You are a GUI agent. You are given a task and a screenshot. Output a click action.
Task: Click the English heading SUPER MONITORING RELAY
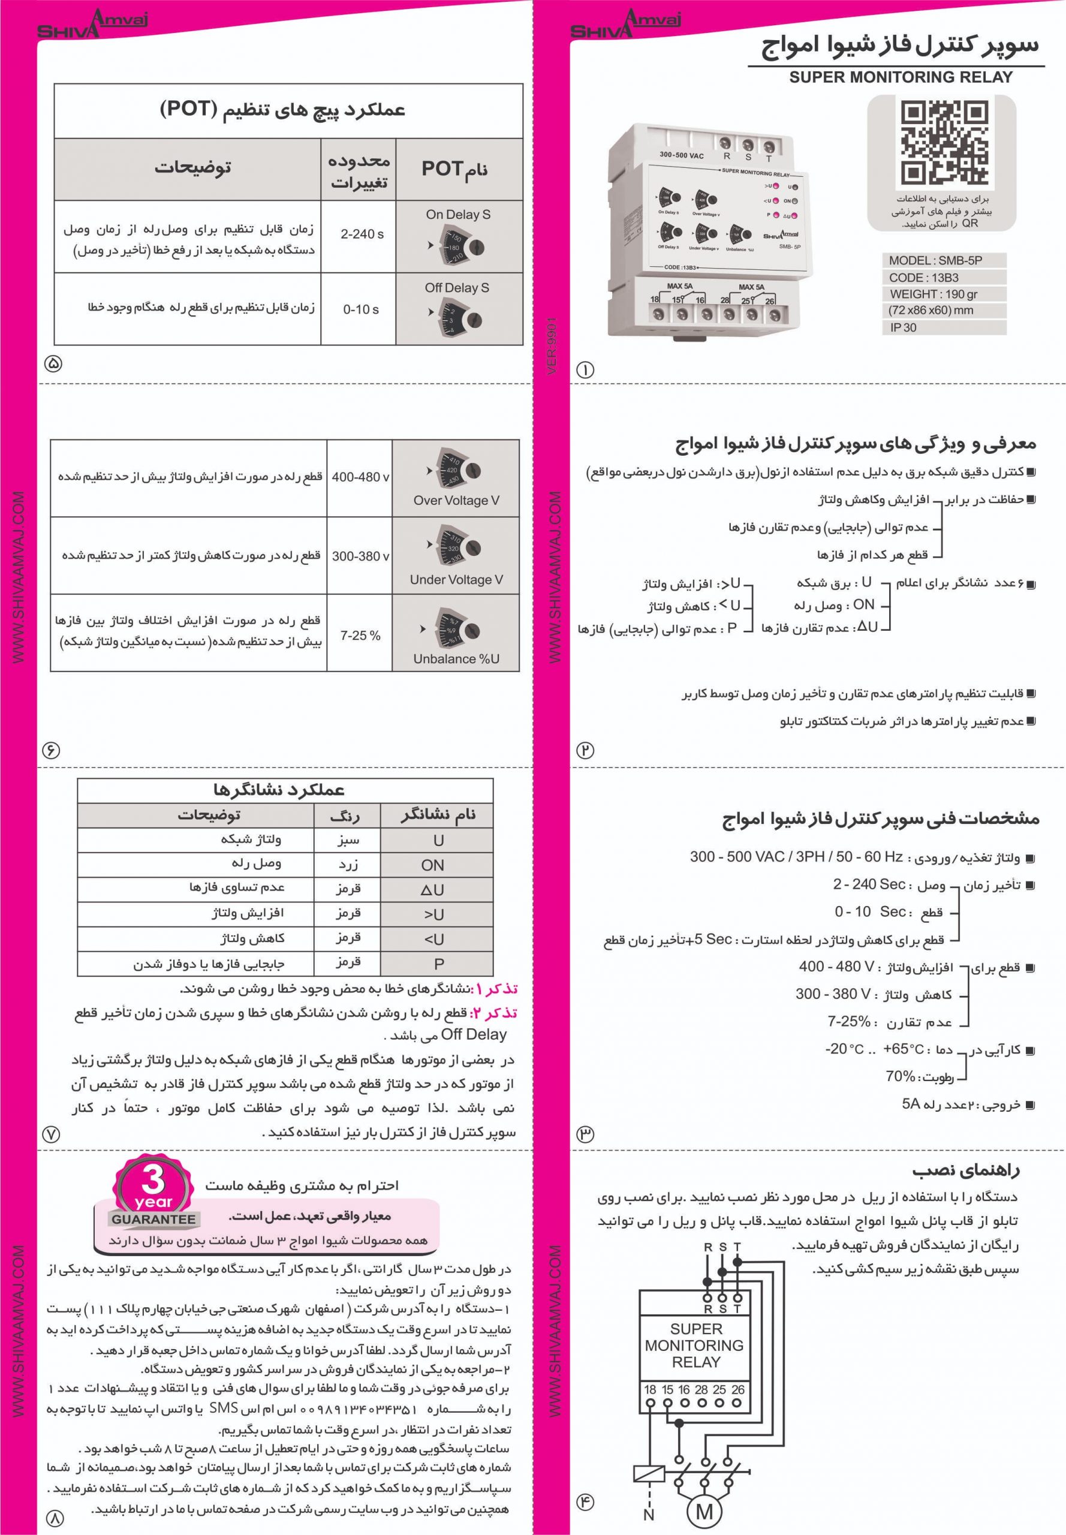(901, 77)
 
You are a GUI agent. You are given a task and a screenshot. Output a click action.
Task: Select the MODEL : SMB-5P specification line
(935, 260)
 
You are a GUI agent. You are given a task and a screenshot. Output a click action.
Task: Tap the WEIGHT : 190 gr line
(933, 294)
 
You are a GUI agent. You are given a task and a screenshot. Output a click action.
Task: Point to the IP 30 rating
(903, 327)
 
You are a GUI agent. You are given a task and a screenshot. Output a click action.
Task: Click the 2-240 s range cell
(362, 234)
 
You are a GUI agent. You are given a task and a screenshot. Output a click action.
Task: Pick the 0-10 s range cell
(361, 309)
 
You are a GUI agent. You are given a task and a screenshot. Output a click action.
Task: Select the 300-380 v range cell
(361, 556)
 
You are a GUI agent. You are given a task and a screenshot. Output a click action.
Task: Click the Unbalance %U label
(456, 658)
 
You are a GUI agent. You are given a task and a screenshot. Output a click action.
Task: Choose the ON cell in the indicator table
(432, 865)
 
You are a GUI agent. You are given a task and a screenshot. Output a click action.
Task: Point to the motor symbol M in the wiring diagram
(704, 1510)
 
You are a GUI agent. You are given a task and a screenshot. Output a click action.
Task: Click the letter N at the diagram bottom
(649, 1515)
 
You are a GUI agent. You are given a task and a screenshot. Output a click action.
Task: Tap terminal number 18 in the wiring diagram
(650, 1389)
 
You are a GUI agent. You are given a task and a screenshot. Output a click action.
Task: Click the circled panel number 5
(53, 364)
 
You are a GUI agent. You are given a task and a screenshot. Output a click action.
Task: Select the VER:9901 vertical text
(552, 345)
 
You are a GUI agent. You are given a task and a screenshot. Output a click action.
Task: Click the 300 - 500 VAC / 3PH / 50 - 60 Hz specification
(796, 857)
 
